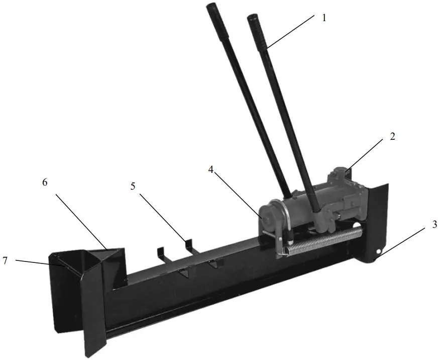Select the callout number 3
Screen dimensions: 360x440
434,224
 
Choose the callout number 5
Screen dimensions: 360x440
133,186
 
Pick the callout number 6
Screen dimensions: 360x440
45,183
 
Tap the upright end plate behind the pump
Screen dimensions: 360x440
377,211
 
